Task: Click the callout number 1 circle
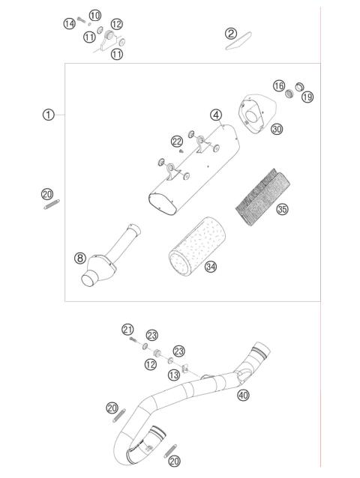48,115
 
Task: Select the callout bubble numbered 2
231,33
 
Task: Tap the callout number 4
216,115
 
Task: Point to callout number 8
79,258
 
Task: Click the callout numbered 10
94,16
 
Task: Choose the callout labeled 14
69,24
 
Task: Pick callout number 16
278,87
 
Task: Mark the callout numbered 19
307,97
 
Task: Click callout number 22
176,141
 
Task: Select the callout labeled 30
277,129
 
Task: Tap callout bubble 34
211,267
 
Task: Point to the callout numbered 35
282,210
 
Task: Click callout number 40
243,395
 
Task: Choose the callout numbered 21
127,330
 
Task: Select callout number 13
173,374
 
